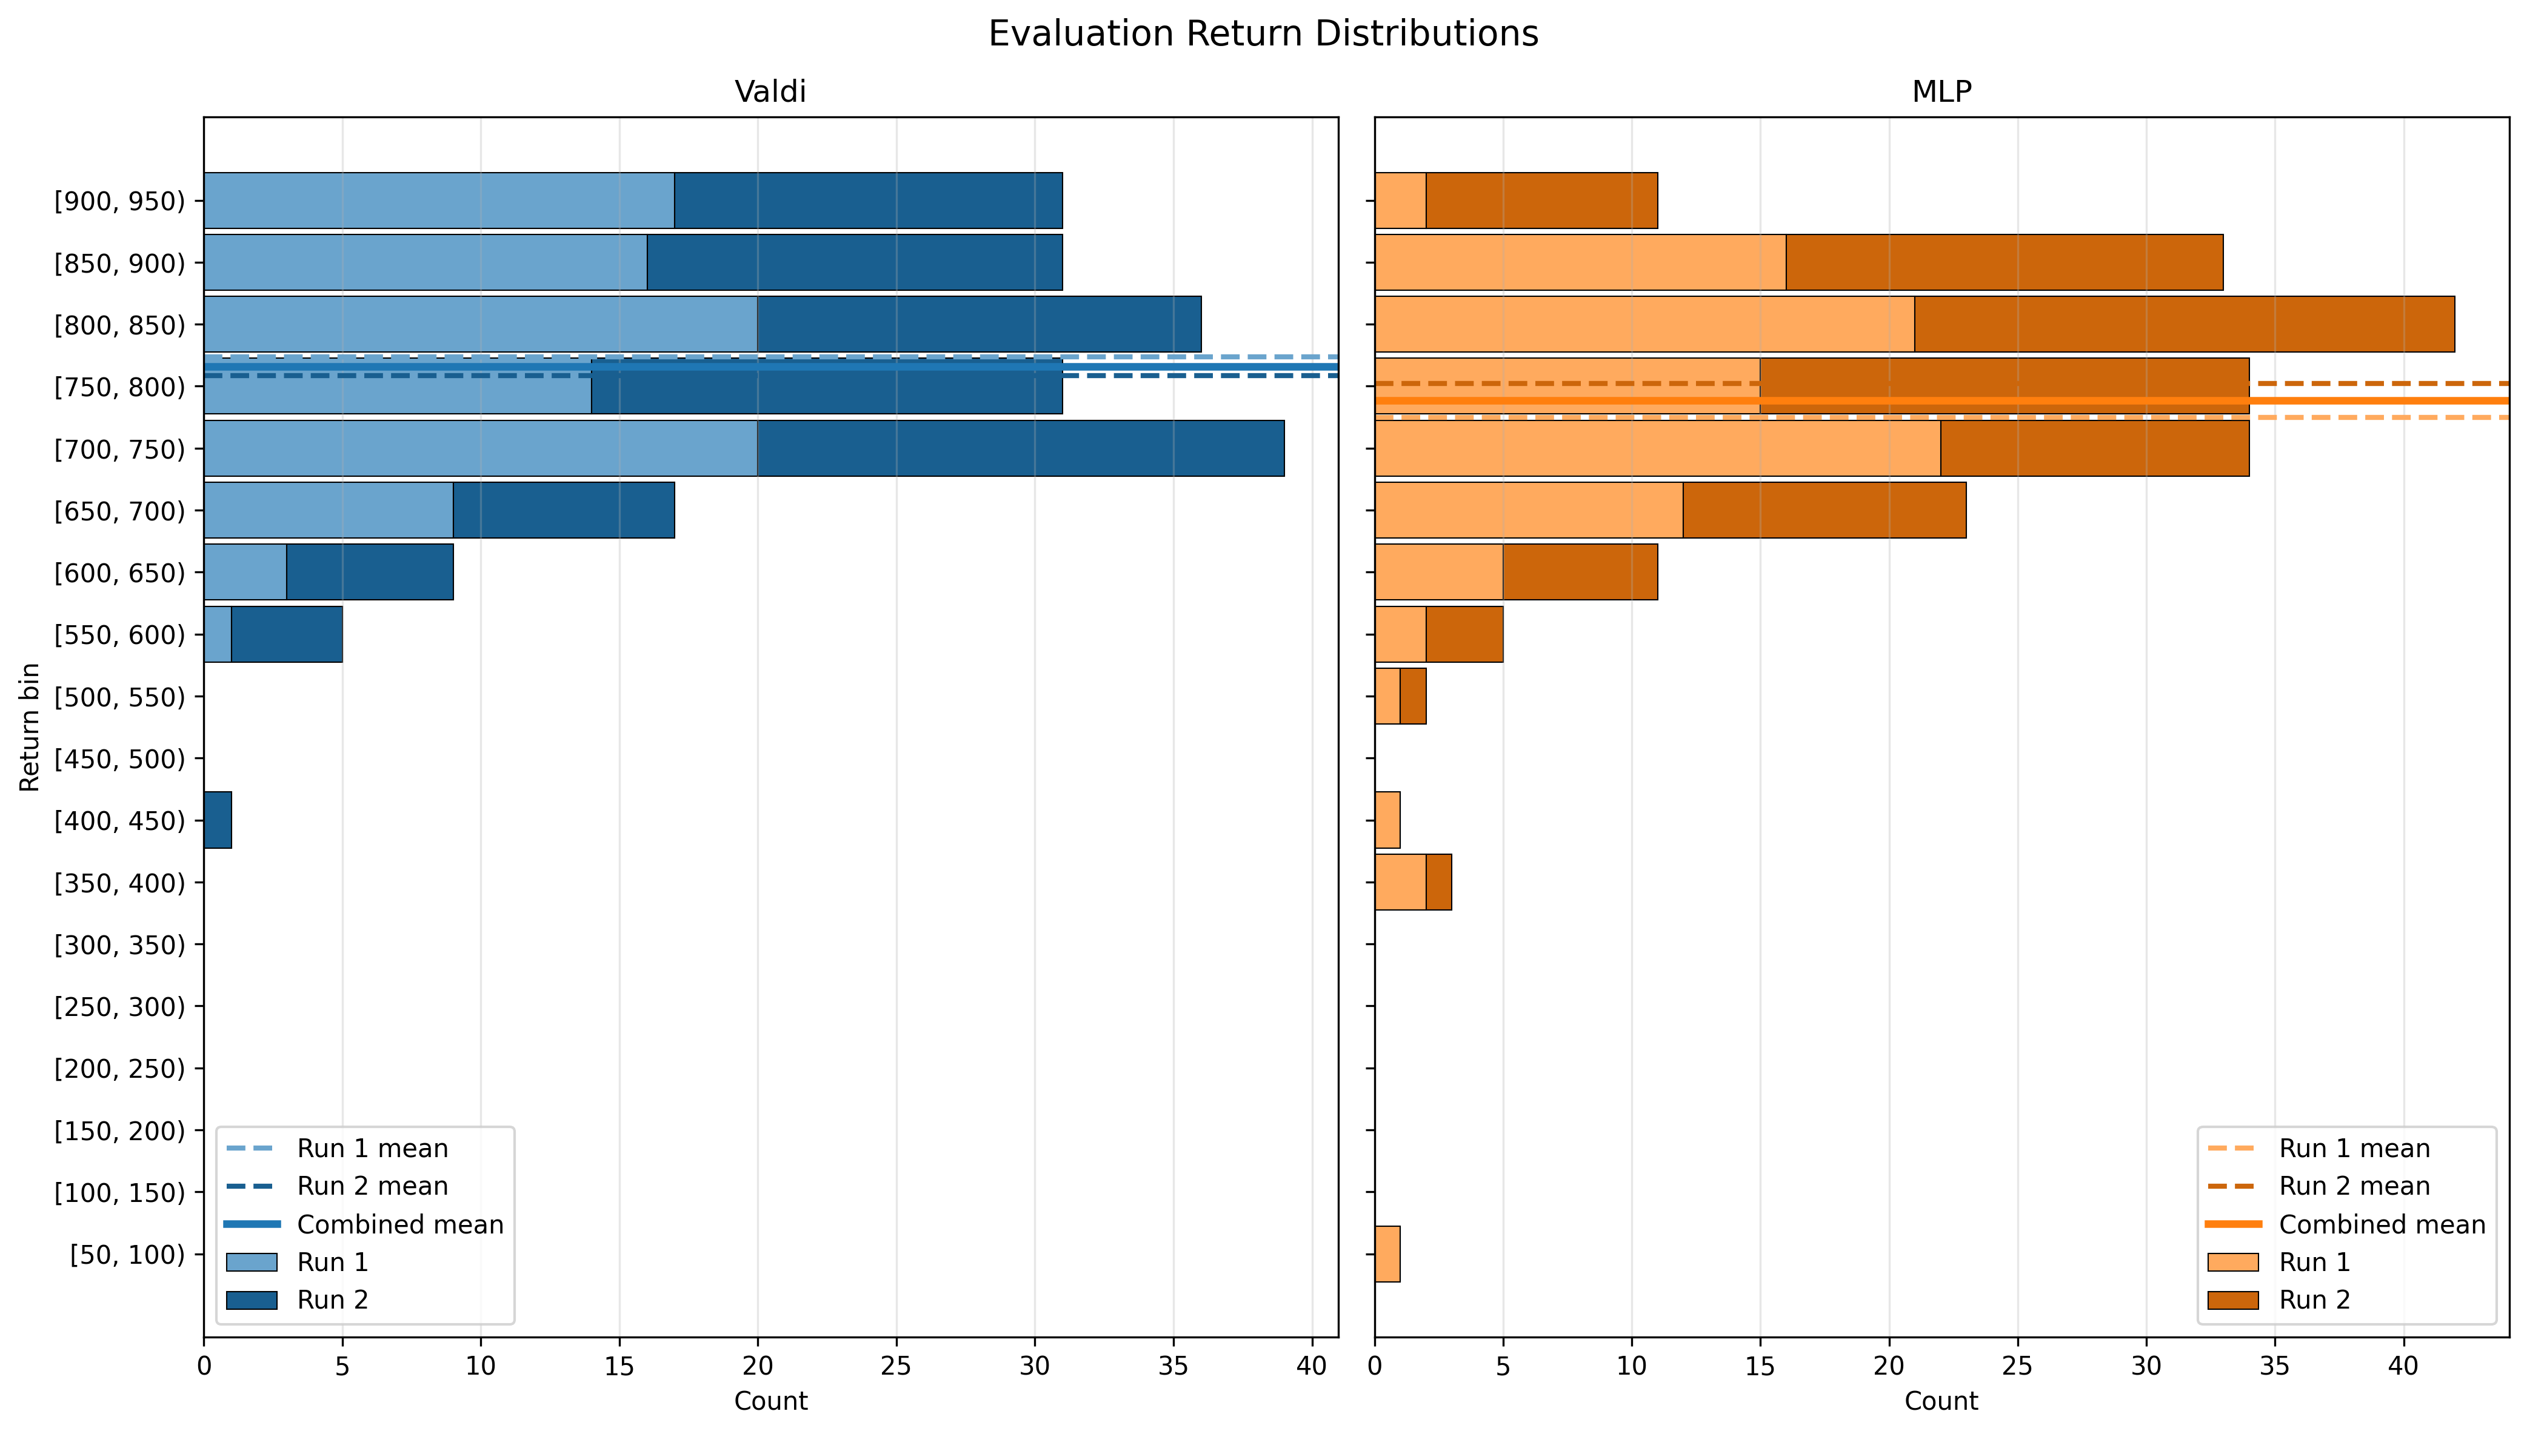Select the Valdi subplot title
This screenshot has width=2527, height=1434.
coord(770,91)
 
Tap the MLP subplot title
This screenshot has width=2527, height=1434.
coord(1942,91)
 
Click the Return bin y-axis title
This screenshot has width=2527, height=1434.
coord(30,727)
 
